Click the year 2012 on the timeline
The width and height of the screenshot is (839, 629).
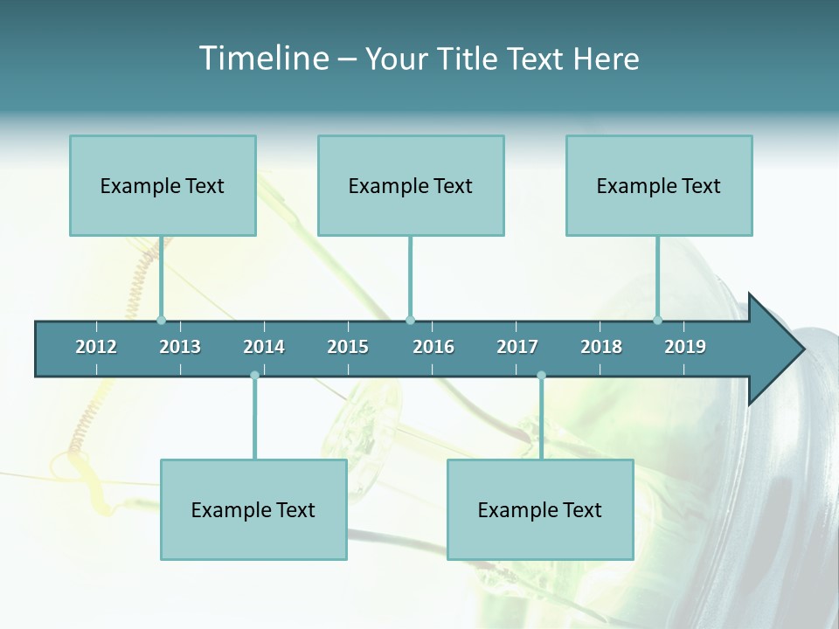[96, 347]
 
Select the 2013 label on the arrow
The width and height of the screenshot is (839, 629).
[180, 347]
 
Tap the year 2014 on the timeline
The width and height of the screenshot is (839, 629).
[264, 347]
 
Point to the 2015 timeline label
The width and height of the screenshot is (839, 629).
[348, 347]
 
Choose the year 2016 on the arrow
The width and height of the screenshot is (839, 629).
[433, 347]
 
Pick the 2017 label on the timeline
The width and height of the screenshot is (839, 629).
[517, 347]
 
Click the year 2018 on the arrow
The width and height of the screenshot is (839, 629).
[601, 347]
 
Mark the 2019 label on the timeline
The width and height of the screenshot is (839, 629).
[685, 347]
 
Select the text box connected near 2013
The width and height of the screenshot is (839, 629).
[163, 185]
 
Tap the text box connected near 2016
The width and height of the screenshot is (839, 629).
[411, 185]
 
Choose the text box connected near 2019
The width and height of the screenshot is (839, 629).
[659, 185]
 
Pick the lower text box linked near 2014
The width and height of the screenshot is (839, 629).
[253, 509]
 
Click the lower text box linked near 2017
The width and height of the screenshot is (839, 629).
[540, 509]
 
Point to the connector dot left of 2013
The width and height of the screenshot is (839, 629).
[161, 320]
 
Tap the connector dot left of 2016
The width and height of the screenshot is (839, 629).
[410, 320]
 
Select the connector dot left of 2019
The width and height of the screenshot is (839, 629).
[658, 320]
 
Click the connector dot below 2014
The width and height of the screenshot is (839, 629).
[254, 376]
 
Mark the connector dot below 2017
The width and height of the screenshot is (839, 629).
[541, 376]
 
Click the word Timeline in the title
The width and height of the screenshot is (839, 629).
[262, 59]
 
